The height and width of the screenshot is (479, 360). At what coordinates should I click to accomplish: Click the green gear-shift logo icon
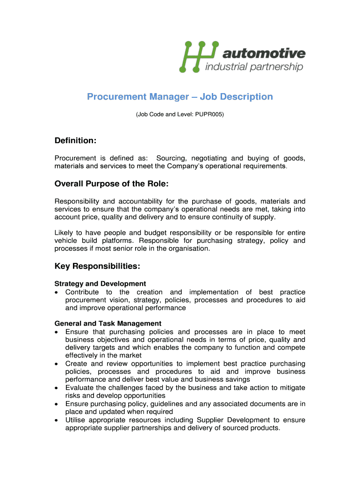click(199, 57)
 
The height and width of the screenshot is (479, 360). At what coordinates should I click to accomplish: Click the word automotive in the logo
click(265, 53)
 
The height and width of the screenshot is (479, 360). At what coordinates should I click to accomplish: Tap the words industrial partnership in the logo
click(254, 67)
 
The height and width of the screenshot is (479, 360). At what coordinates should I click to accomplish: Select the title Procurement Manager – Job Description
click(180, 97)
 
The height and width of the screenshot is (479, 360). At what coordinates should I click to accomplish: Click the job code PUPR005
click(208, 114)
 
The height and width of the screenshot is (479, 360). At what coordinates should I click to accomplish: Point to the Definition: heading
click(75, 140)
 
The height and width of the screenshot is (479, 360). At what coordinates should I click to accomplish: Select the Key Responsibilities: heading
click(97, 266)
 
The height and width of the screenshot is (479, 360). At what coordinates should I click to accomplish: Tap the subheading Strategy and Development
click(100, 283)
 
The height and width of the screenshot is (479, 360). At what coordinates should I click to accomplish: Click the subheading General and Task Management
click(108, 323)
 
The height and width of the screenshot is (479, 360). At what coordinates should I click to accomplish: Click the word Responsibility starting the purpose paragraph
click(78, 201)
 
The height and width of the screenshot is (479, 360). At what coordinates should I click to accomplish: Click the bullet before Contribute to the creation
click(57, 292)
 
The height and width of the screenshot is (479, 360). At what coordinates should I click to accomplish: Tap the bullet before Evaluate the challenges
click(57, 388)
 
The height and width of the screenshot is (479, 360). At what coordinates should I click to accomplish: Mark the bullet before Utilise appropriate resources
click(57, 420)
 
